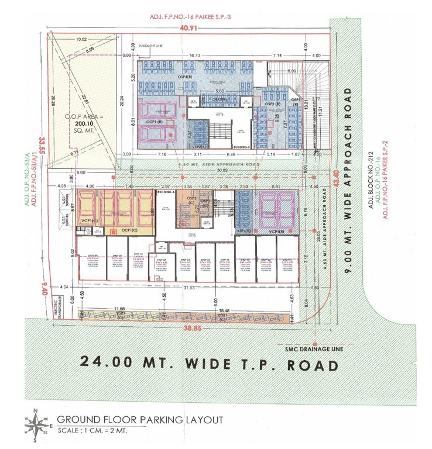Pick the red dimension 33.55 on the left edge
(42, 143)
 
